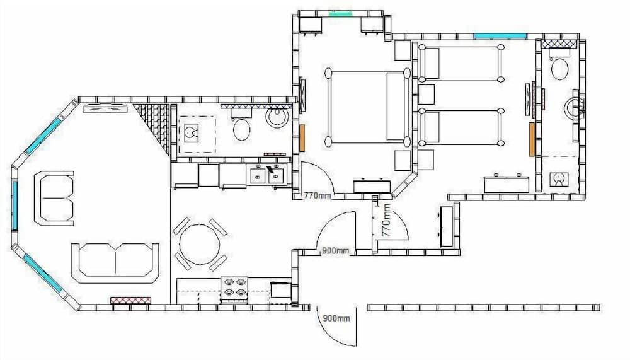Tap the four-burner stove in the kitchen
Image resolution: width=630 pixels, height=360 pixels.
pos(233,288)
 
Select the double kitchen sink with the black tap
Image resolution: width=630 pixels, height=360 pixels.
pos(268,174)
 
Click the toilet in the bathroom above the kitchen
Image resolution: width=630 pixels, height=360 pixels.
pos(241,129)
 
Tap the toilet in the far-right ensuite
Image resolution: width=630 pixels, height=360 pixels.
pos(559,69)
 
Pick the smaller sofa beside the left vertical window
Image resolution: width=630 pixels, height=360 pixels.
pos(54,196)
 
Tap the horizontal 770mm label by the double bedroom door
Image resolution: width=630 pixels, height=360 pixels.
pos(317,195)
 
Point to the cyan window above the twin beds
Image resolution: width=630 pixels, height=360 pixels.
pos(500,36)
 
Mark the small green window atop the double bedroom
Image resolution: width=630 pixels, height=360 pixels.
pos(340,13)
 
